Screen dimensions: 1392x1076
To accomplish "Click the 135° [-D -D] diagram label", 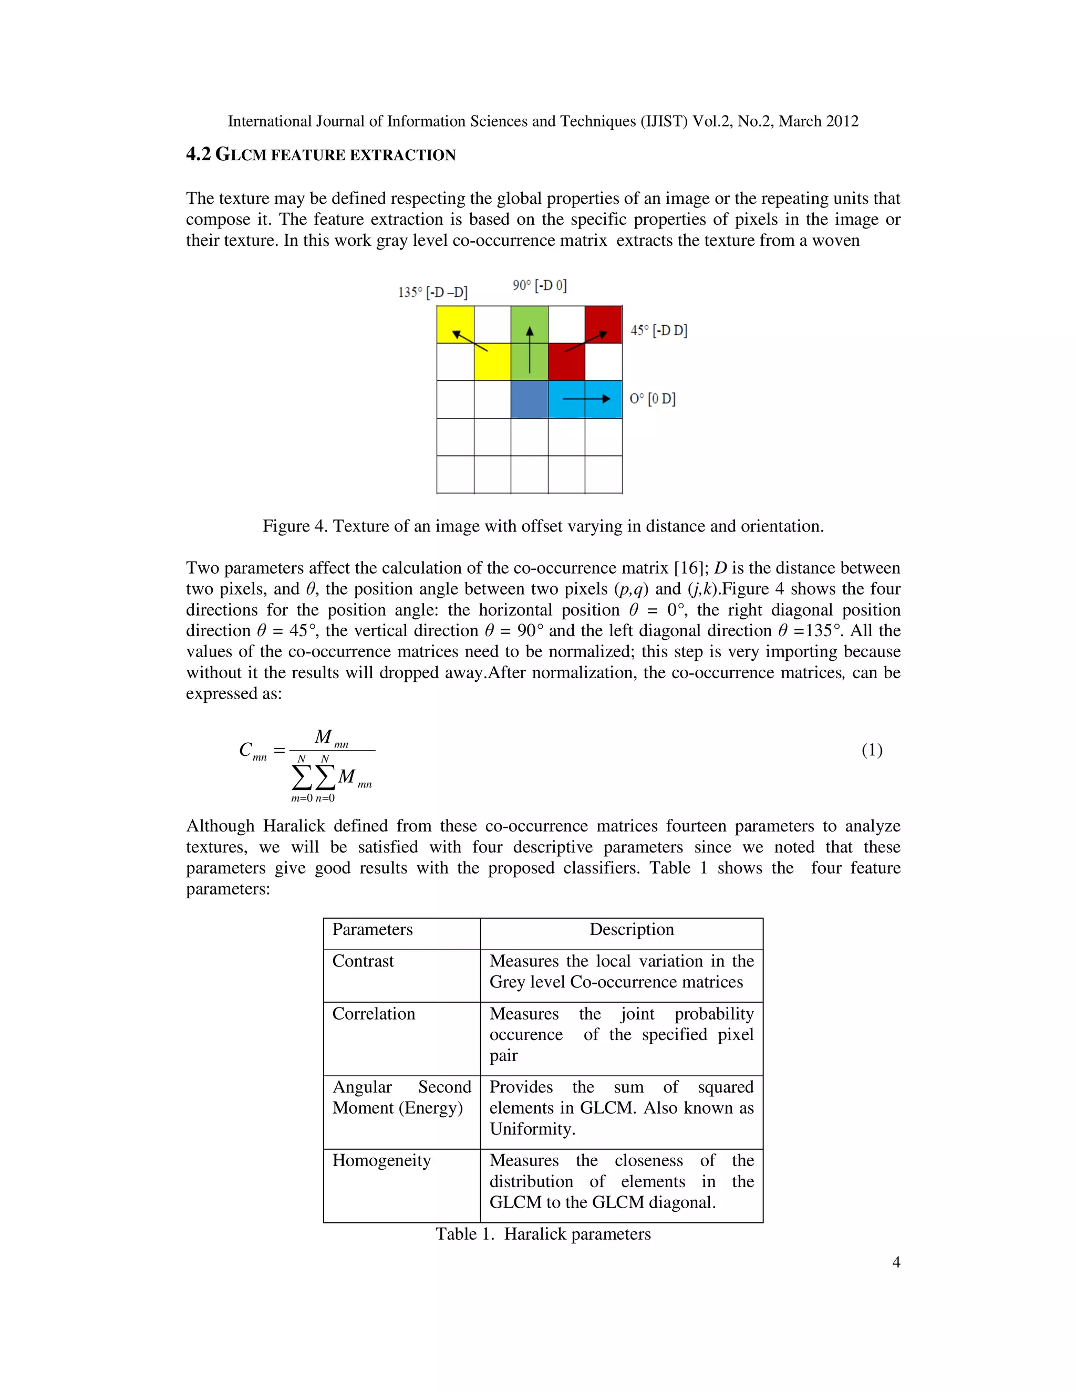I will point(433,293).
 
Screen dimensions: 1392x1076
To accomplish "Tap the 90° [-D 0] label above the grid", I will point(539,285).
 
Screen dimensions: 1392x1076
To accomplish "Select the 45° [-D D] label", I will point(658,330).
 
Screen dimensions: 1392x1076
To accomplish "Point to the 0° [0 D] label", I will point(652,399).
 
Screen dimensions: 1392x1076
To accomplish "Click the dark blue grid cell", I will point(529,400).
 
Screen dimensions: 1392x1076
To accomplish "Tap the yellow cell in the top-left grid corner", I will point(455,325).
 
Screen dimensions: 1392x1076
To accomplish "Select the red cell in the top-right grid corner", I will point(604,325).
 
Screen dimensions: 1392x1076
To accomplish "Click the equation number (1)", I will point(872,750).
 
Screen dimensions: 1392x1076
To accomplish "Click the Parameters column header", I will point(373,929).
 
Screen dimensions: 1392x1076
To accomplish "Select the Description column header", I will point(631,929).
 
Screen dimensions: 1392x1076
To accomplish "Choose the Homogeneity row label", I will point(381,1161).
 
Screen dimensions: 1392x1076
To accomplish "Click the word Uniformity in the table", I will point(532,1129).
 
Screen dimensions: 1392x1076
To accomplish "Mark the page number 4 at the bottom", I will point(896,1262).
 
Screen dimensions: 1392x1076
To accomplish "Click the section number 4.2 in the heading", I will point(198,154).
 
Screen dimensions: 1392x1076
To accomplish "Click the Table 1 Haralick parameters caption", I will point(543,1234).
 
